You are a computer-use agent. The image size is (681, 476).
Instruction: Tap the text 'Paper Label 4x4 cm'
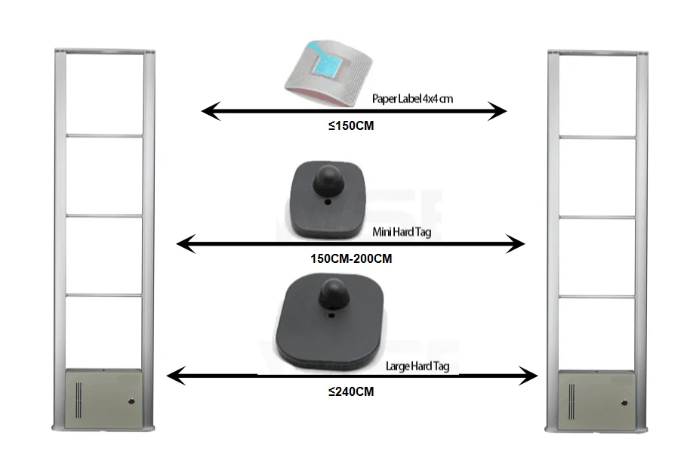pyautogui.click(x=412, y=99)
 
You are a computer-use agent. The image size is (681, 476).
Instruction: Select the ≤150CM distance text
pyautogui.click(x=351, y=127)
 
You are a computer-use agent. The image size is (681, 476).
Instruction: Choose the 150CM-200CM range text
pyautogui.click(x=351, y=258)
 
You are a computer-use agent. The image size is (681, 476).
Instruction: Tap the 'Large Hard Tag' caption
pyautogui.click(x=417, y=366)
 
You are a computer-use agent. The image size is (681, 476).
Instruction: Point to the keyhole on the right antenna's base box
pyautogui.click(x=624, y=403)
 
